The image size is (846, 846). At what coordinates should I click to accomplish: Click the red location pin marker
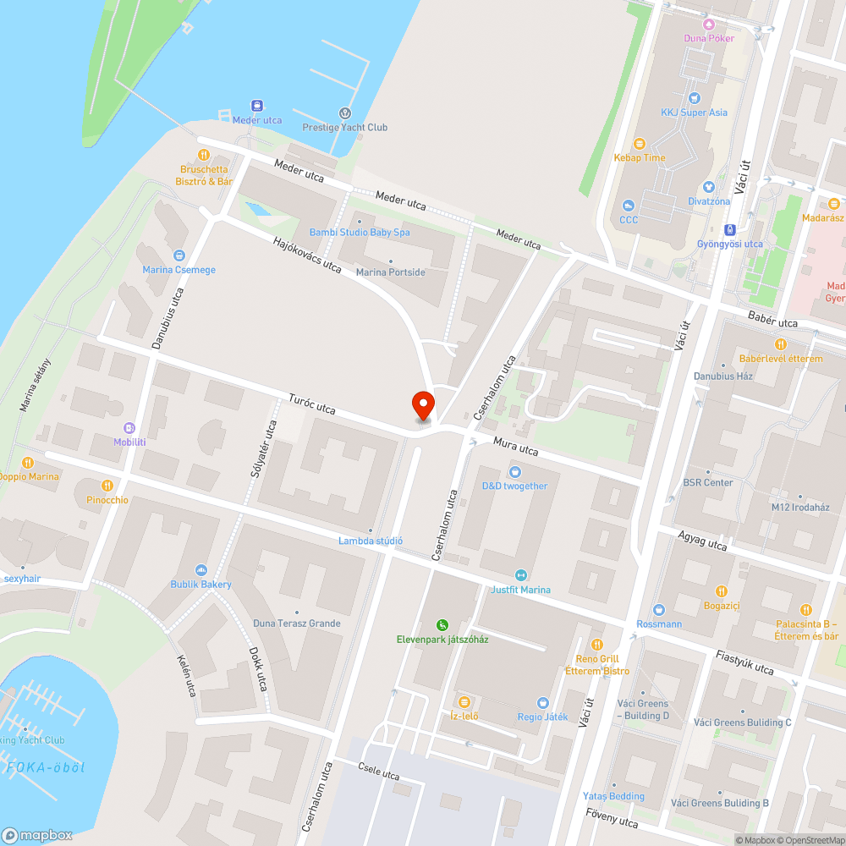pos(422,406)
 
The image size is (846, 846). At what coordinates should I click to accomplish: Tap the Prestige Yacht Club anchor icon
pos(344,113)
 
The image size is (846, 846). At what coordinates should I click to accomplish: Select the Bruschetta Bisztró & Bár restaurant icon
pos(203,155)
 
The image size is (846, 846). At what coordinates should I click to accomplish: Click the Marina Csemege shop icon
pos(179,255)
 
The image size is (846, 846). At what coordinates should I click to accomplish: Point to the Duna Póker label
pos(709,38)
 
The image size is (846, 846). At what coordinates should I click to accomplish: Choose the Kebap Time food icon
pos(639,144)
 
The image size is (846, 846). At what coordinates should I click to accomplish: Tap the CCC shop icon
pos(628,206)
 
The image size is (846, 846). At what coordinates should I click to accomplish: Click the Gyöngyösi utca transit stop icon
pos(729,229)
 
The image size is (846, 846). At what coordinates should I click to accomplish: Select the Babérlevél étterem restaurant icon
pos(780,344)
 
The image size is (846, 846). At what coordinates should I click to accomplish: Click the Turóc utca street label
pos(311,404)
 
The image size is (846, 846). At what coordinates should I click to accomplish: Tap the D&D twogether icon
pos(514,472)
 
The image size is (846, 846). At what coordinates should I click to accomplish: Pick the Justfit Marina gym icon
pos(520,575)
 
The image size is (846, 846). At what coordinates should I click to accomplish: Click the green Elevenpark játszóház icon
pos(442,624)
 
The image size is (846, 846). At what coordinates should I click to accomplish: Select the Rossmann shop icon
pos(659,610)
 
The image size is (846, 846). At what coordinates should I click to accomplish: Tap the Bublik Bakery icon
pos(201,570)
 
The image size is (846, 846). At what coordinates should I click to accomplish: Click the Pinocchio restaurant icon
pos(107,486)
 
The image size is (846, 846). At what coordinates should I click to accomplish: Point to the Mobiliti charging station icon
pos(129,428)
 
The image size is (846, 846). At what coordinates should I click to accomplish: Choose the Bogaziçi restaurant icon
pos(722,591)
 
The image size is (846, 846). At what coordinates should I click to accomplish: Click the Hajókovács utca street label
pos(307,255)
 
